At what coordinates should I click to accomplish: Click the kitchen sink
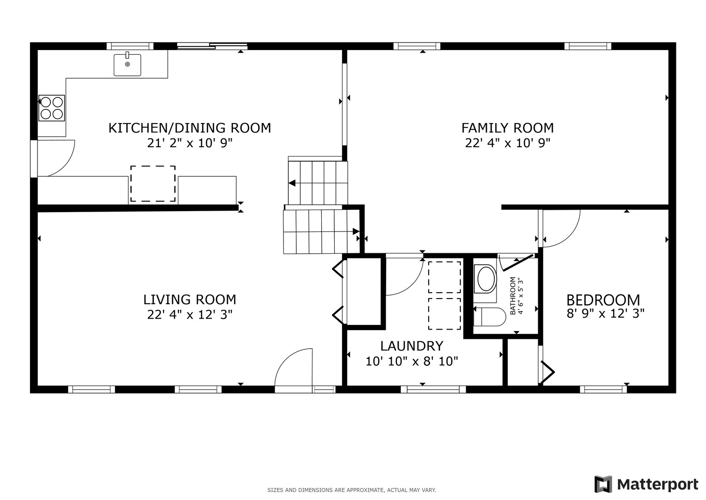(x=127, y=64)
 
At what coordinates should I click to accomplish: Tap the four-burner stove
(x=52, y=108)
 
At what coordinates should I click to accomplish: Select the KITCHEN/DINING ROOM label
(x=190, y=128)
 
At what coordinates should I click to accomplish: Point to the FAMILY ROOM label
(x=508, y=128)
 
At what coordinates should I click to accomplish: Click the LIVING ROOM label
(x=190, y=300)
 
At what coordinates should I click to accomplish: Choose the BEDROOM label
(x=603, y=300)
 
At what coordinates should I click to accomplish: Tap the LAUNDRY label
(x=411, y=346)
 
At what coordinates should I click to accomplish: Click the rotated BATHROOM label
(x=513, y=296)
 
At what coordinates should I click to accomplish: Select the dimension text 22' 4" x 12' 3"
(x=190, y=315)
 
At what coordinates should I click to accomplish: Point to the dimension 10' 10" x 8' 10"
(x=411, y=361)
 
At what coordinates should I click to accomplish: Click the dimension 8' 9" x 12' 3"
(x=606, y=313)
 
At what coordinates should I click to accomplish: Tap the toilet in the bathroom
(x=490, y=317)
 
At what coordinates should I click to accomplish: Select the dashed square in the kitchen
(x=153, y=183)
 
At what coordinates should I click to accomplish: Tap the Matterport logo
(x=646, y=484)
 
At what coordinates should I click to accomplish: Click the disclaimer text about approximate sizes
(x=352, y=490)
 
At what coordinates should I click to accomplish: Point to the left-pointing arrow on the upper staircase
(x=292, y=183)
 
